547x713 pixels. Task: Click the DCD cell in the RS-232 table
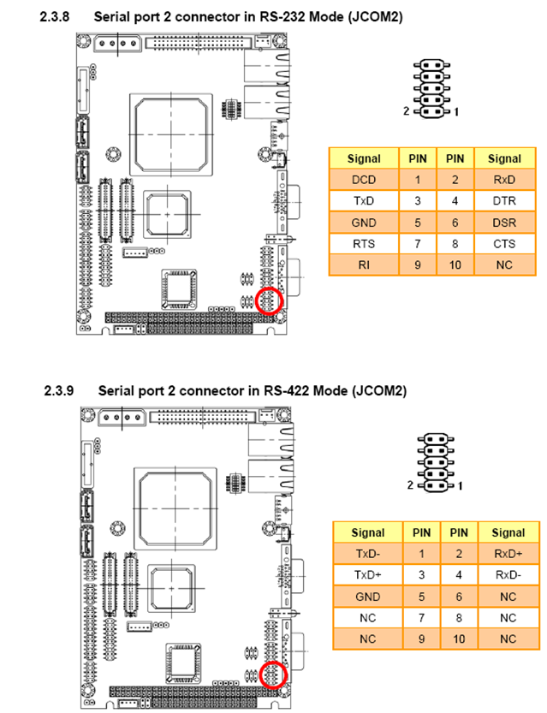364,180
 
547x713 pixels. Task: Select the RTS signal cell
364,244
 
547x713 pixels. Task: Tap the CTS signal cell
504,244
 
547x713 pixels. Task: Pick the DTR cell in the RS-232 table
504,201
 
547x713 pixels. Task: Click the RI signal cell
364,265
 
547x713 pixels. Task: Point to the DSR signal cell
504,223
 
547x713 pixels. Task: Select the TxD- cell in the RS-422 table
368,554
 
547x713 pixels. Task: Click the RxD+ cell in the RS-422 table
508,554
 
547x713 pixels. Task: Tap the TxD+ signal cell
368,575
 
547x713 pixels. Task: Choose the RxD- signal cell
508,575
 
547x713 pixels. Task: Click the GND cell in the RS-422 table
368,597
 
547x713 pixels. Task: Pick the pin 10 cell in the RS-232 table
455,265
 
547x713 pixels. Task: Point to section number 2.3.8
55,17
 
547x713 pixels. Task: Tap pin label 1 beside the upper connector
456,112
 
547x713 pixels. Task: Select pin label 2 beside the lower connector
410,485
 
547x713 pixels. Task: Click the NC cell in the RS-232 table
504,265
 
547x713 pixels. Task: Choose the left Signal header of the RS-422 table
368,532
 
